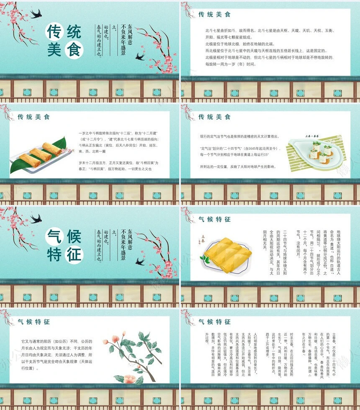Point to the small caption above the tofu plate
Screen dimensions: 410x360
312,136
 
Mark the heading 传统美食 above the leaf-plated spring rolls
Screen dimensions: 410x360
33,117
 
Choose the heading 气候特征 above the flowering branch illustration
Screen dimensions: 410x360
33,322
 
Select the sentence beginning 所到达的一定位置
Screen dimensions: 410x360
237,167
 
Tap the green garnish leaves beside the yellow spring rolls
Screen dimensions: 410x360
205,259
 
